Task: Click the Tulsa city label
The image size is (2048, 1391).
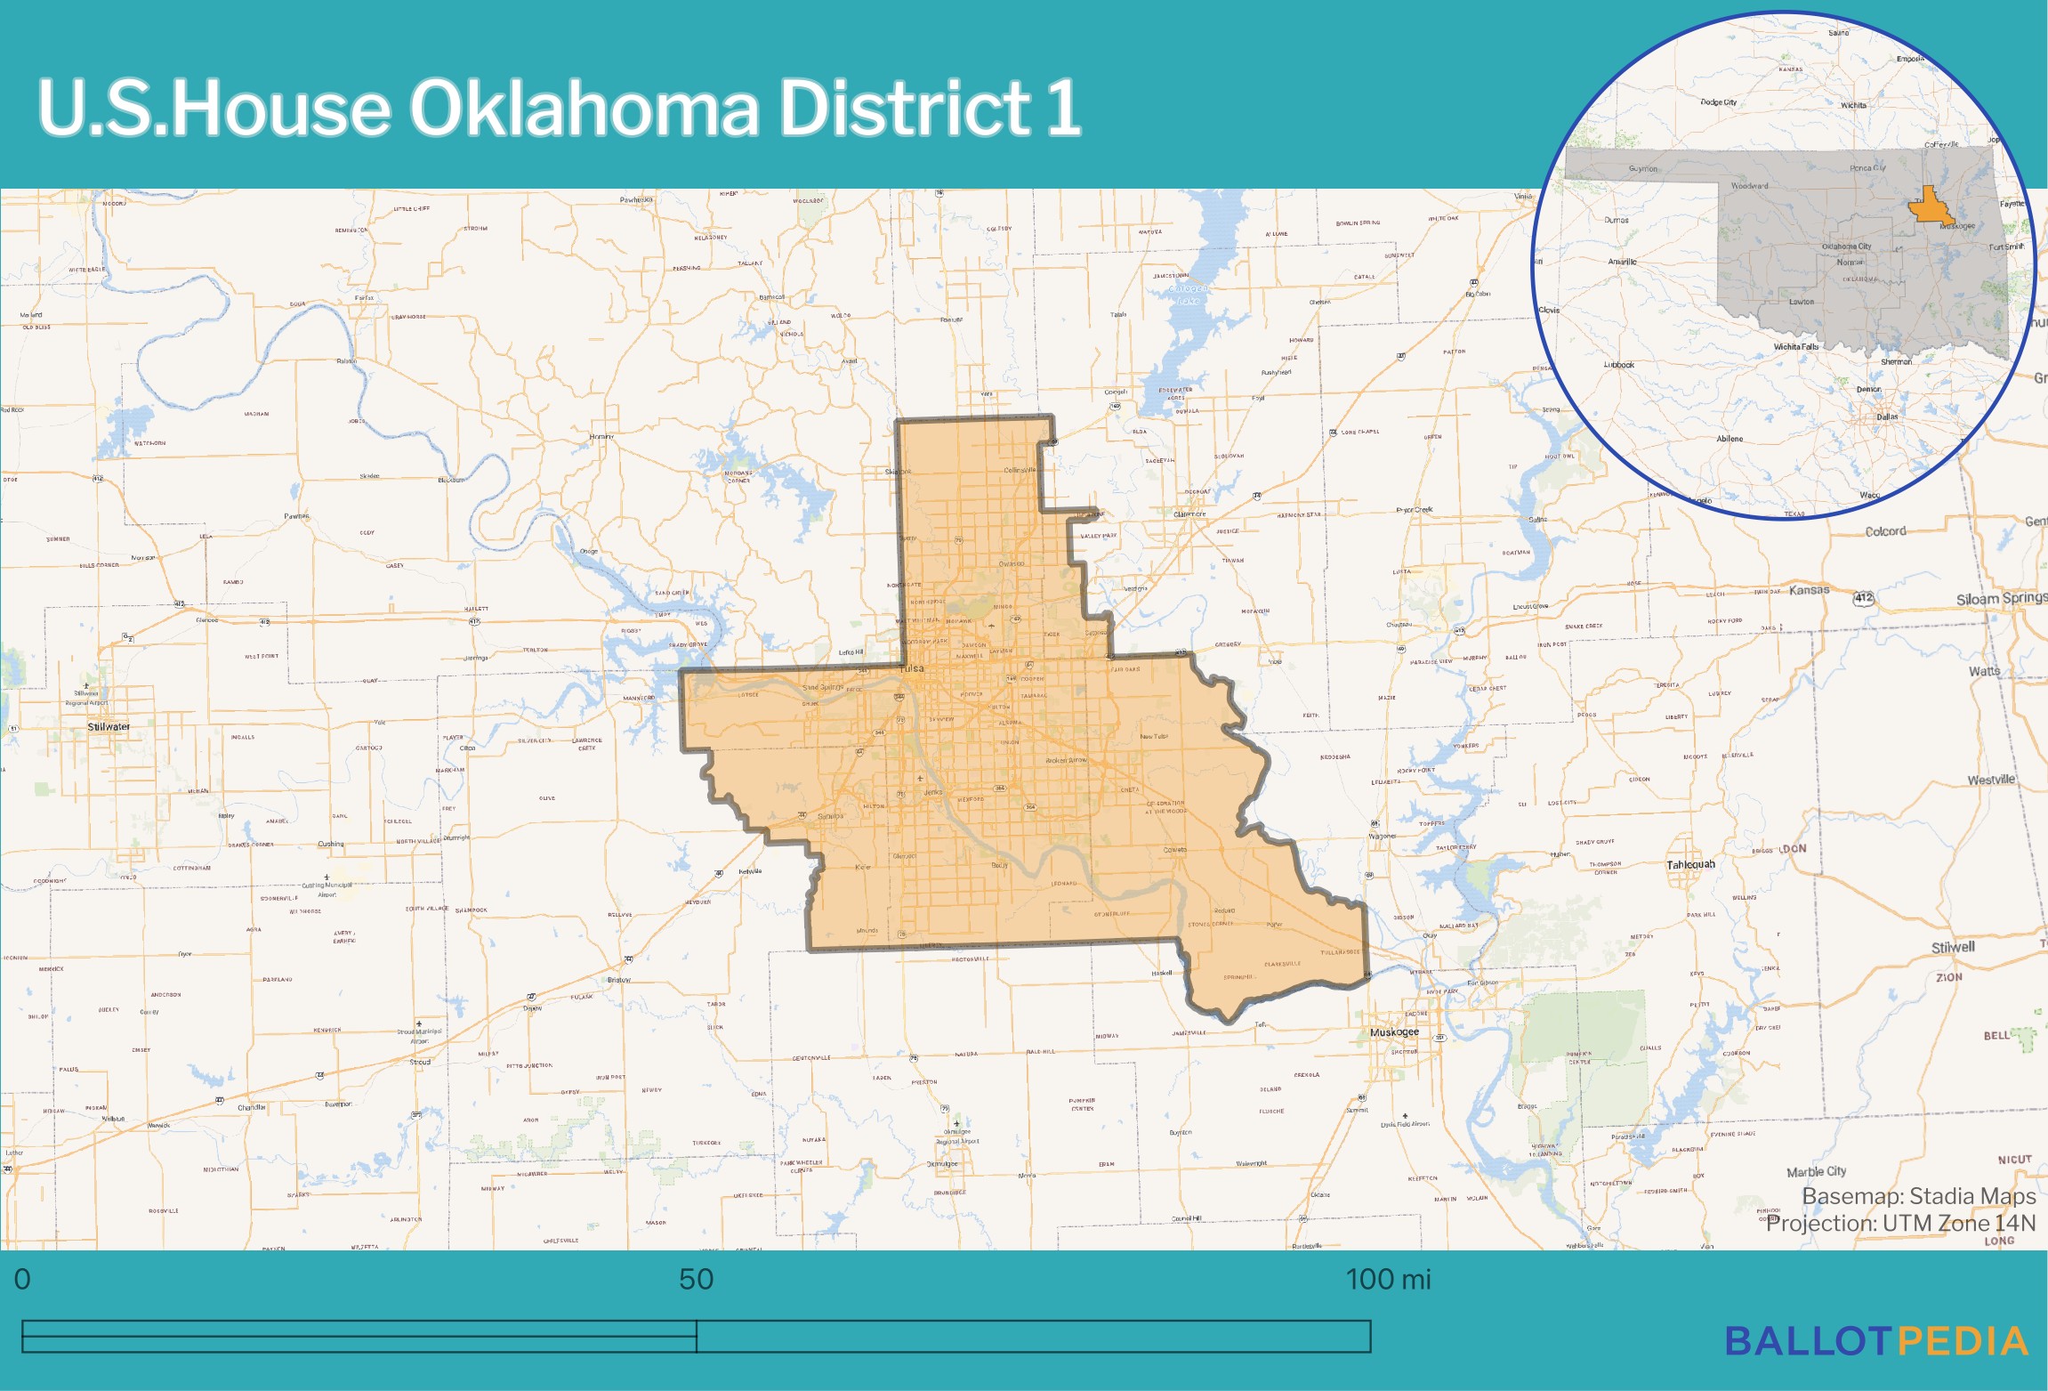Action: point(912,668)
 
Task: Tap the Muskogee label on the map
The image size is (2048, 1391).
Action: point(1394,1032)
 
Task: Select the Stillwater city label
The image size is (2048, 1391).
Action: point(109,727)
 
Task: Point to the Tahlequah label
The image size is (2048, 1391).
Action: point(1690,864)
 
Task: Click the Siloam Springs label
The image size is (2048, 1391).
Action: point(2001,599)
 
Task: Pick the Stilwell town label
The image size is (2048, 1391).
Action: point(1953,948)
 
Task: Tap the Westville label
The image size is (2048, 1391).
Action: point(1991,780)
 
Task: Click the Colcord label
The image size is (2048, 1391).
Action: point(1885,531)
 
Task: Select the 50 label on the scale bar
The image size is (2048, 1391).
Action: point(696,1280)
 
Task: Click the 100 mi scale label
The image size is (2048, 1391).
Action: point(1388,1280)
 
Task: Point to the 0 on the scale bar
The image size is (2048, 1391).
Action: point(22,1280)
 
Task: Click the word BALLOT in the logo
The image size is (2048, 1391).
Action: point(1808,1341)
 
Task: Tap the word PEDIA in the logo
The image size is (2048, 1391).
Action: point(1963,1341)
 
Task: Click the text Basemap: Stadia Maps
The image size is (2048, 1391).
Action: point(1918,1196)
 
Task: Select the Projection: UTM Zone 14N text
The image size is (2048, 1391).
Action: point(1900,1224)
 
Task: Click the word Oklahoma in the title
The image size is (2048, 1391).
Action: point(584,108)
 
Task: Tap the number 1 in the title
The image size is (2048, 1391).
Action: point(1063,108)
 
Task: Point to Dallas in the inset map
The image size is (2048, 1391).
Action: point(1887,416)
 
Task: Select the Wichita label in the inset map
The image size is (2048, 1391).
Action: point(1853,105)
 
